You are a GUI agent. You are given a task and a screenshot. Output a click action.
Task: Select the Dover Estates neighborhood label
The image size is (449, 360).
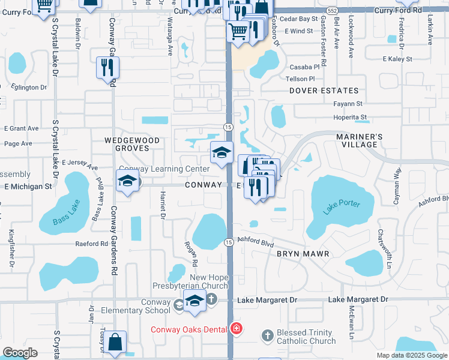coord(324,91)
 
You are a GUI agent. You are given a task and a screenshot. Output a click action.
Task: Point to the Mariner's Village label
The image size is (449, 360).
coord(359,140)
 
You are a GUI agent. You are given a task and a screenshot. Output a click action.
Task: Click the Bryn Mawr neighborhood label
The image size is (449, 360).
coord(303,254)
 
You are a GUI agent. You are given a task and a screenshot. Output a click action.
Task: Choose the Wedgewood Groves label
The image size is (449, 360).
coord(132,144)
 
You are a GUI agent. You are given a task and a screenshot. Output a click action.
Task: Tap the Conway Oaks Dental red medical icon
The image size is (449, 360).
coord(237,329)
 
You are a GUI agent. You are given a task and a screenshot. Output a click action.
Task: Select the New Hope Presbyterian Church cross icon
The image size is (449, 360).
coord(211,298)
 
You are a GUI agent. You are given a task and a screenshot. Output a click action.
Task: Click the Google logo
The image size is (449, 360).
coord(20,353)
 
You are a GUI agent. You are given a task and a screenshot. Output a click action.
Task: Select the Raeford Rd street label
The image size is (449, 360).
coord(91,244)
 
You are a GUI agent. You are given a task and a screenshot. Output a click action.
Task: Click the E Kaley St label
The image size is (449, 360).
coord(397,59)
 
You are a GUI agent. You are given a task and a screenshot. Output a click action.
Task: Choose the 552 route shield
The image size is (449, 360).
coord(332,11)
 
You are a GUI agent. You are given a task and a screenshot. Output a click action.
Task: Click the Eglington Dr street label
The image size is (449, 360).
coord(26,87)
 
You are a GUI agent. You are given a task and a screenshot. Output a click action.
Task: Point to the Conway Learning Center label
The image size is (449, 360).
coord(164,169)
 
